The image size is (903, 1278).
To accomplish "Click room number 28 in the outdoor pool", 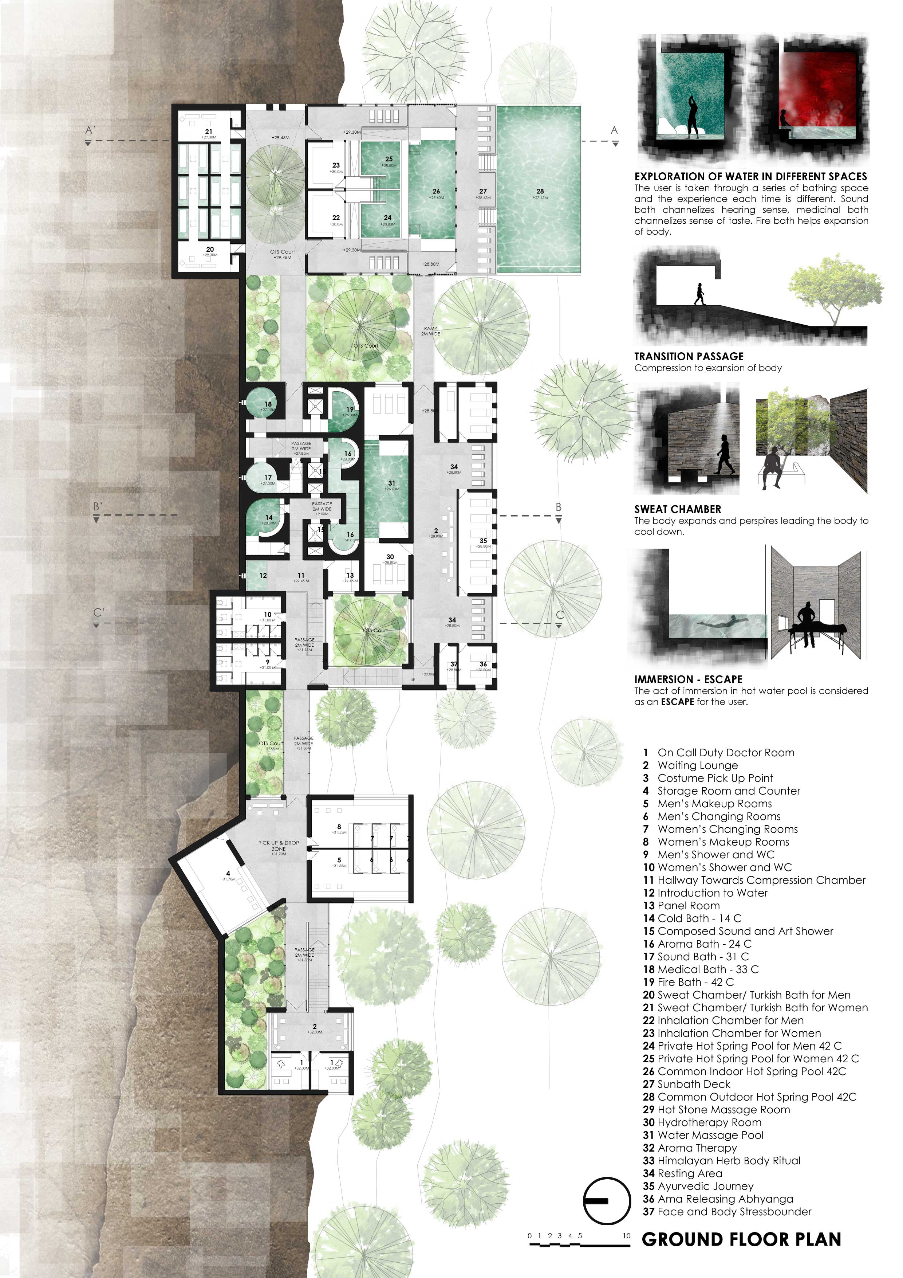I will pyautogui.click(x=540, y=191).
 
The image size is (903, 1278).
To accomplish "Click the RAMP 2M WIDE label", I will pyautogui.click(x=430, y=331).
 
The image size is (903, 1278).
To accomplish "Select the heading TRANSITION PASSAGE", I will pyautogui.click(x=689, y=356).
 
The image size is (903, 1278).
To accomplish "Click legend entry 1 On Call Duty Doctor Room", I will pyautogui.click(x=718, y=753).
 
